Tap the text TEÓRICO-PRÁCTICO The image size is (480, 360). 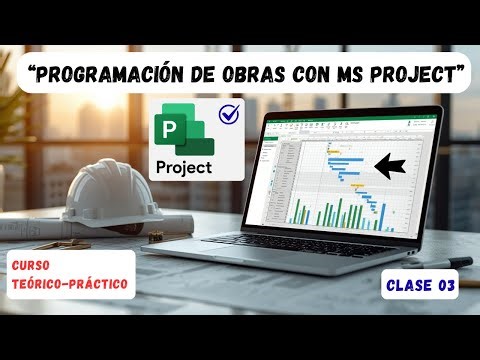click(x=69, y=286)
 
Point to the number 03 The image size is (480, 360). click(x=446, y=286)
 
